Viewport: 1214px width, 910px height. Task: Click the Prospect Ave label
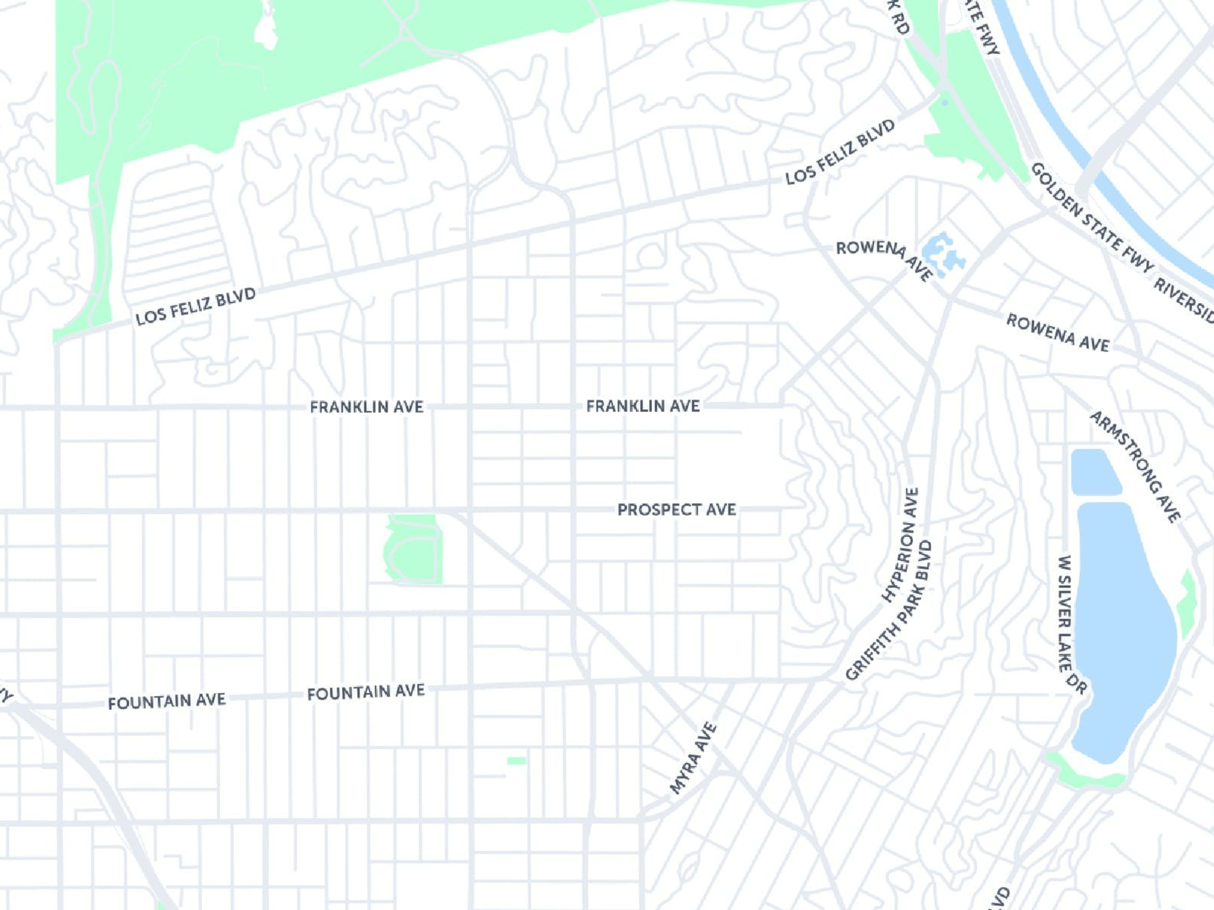click(x=676, y=510)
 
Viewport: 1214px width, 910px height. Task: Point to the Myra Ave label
click(x=694, y=759)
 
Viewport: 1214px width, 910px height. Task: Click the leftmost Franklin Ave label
click(x=367, y=407)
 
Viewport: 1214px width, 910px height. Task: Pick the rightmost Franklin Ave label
click(x=643, y=406)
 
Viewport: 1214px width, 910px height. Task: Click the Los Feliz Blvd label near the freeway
click(x=840, y=153)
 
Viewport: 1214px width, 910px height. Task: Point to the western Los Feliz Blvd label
click(x=196, y=306)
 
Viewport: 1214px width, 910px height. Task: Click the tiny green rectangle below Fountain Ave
click(x=517, y=761)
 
